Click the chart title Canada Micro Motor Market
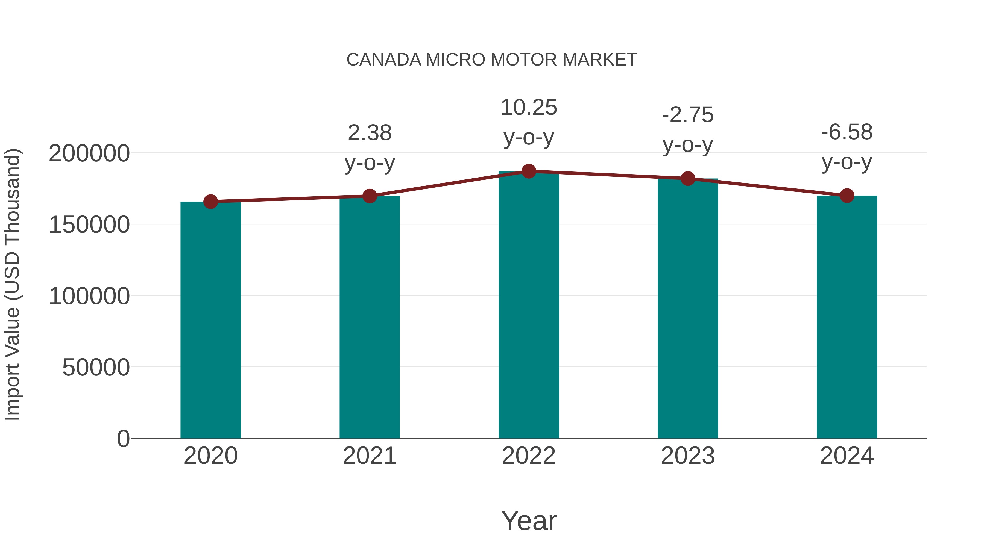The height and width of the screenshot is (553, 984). click(x=492, y=60)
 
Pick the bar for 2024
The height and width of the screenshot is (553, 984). click(x=847, y=317)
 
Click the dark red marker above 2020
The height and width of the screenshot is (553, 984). click(x=210, y=202)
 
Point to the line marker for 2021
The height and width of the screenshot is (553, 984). click(x=369, y=196)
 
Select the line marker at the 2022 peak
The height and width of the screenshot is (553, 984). click(x=529, y=171)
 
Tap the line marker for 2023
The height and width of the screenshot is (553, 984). click(x=688, y=178)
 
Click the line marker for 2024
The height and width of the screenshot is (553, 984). click(x=847, y=196)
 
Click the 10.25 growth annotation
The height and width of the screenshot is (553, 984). click(x=529, y=108)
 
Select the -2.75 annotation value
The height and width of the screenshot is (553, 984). click(x=688, y=115)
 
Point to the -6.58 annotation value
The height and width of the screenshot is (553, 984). click(x=847, y=132)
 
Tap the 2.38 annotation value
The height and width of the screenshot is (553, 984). click(x=369, y=133)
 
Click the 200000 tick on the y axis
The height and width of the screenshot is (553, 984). click(x=89, y=153)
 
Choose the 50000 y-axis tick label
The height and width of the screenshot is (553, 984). click(x=96, y=368)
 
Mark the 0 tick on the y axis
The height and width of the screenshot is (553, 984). click(x=123, y=439)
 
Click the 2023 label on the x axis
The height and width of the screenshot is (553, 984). click(x=688, y=456)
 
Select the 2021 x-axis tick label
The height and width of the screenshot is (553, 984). click(x=369, y=456)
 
